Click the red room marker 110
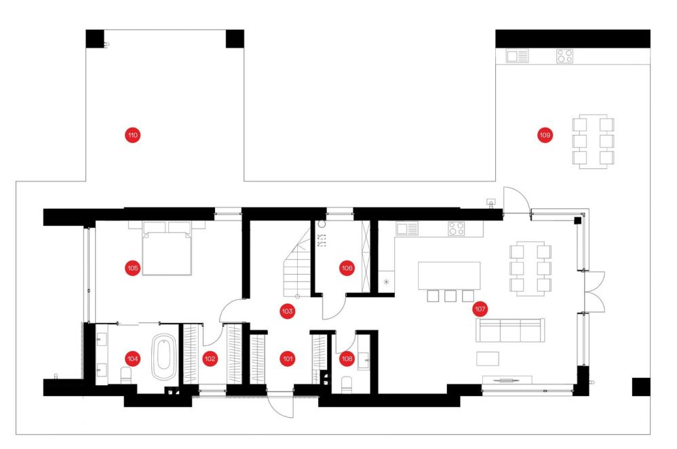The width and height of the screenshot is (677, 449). [132, 135]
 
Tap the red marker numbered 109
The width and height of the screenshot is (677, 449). [545, 135]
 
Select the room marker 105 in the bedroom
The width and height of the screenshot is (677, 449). [132, 268]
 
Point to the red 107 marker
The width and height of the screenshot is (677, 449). [480, 309]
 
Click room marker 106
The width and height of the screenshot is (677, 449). [347, 268]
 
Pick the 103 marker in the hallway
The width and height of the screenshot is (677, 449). [287, 311]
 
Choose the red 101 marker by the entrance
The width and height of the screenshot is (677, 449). [287, 358]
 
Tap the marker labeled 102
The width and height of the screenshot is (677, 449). [210, 358]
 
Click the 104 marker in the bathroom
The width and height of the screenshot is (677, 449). [132, 358]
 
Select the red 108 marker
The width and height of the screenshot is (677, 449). [347, 358]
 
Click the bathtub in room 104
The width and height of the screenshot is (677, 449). [164, 357]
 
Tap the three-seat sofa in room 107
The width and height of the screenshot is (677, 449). [510, 330]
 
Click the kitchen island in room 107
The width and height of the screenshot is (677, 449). [449, 276]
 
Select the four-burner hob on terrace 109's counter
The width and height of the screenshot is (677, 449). [564, 56]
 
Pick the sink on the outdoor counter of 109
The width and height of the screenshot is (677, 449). [518, 56]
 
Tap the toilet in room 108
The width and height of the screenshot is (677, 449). [347, 385]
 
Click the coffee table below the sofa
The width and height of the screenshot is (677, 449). [488, 358]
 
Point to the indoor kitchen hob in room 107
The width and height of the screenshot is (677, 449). [456, 229]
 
